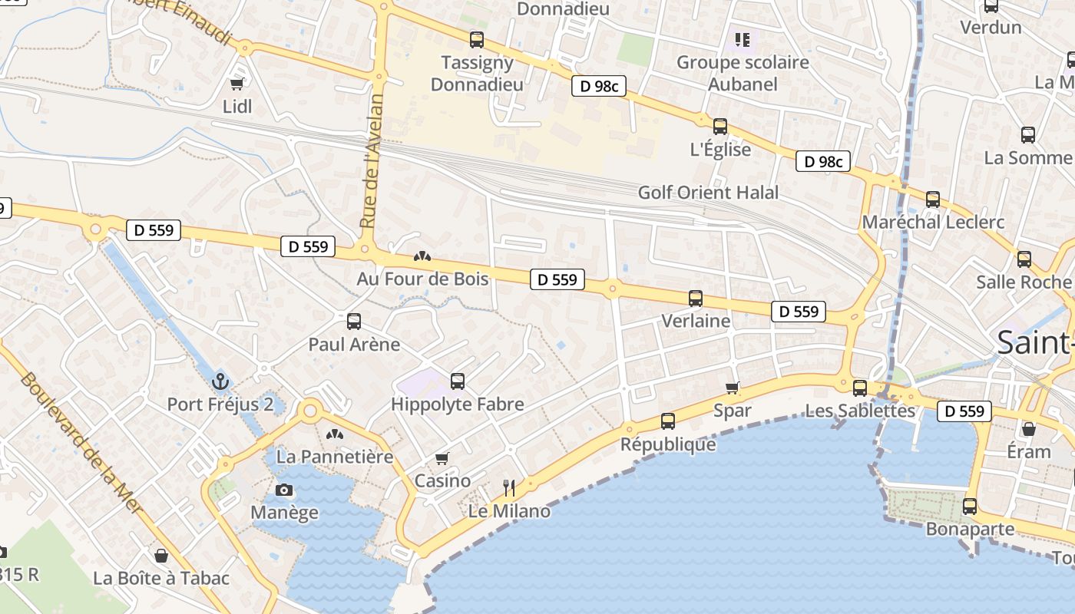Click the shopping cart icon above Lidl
237,83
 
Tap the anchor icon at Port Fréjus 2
220,381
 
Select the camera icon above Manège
284,490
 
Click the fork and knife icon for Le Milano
508,487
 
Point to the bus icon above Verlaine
696,299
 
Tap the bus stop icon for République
668,421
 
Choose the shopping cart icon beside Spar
733,388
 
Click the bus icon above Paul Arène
354,322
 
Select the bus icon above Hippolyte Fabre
458,381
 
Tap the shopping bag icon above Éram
1029,428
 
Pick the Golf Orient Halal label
708,193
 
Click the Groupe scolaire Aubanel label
743,73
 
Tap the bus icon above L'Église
720,127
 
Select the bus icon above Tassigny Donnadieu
477,39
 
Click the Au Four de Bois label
422,279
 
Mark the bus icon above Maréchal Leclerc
933,200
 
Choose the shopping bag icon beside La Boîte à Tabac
161,555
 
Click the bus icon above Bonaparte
970,507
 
